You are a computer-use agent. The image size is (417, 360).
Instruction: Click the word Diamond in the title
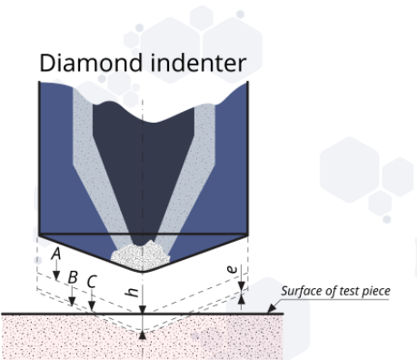83,63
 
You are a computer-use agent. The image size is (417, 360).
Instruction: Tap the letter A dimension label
56,254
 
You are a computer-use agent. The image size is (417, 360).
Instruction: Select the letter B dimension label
74,276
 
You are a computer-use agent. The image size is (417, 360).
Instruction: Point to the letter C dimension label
92,281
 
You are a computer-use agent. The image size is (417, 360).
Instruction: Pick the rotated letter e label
233,270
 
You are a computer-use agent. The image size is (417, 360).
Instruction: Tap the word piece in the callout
376,292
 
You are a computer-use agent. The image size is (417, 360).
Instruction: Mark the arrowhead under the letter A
56,275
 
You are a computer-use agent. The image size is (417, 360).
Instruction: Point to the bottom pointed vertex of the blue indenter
143,272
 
